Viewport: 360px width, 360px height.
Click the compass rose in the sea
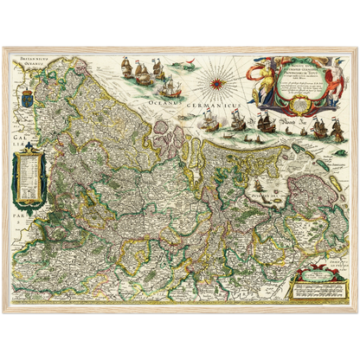(214, 87)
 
